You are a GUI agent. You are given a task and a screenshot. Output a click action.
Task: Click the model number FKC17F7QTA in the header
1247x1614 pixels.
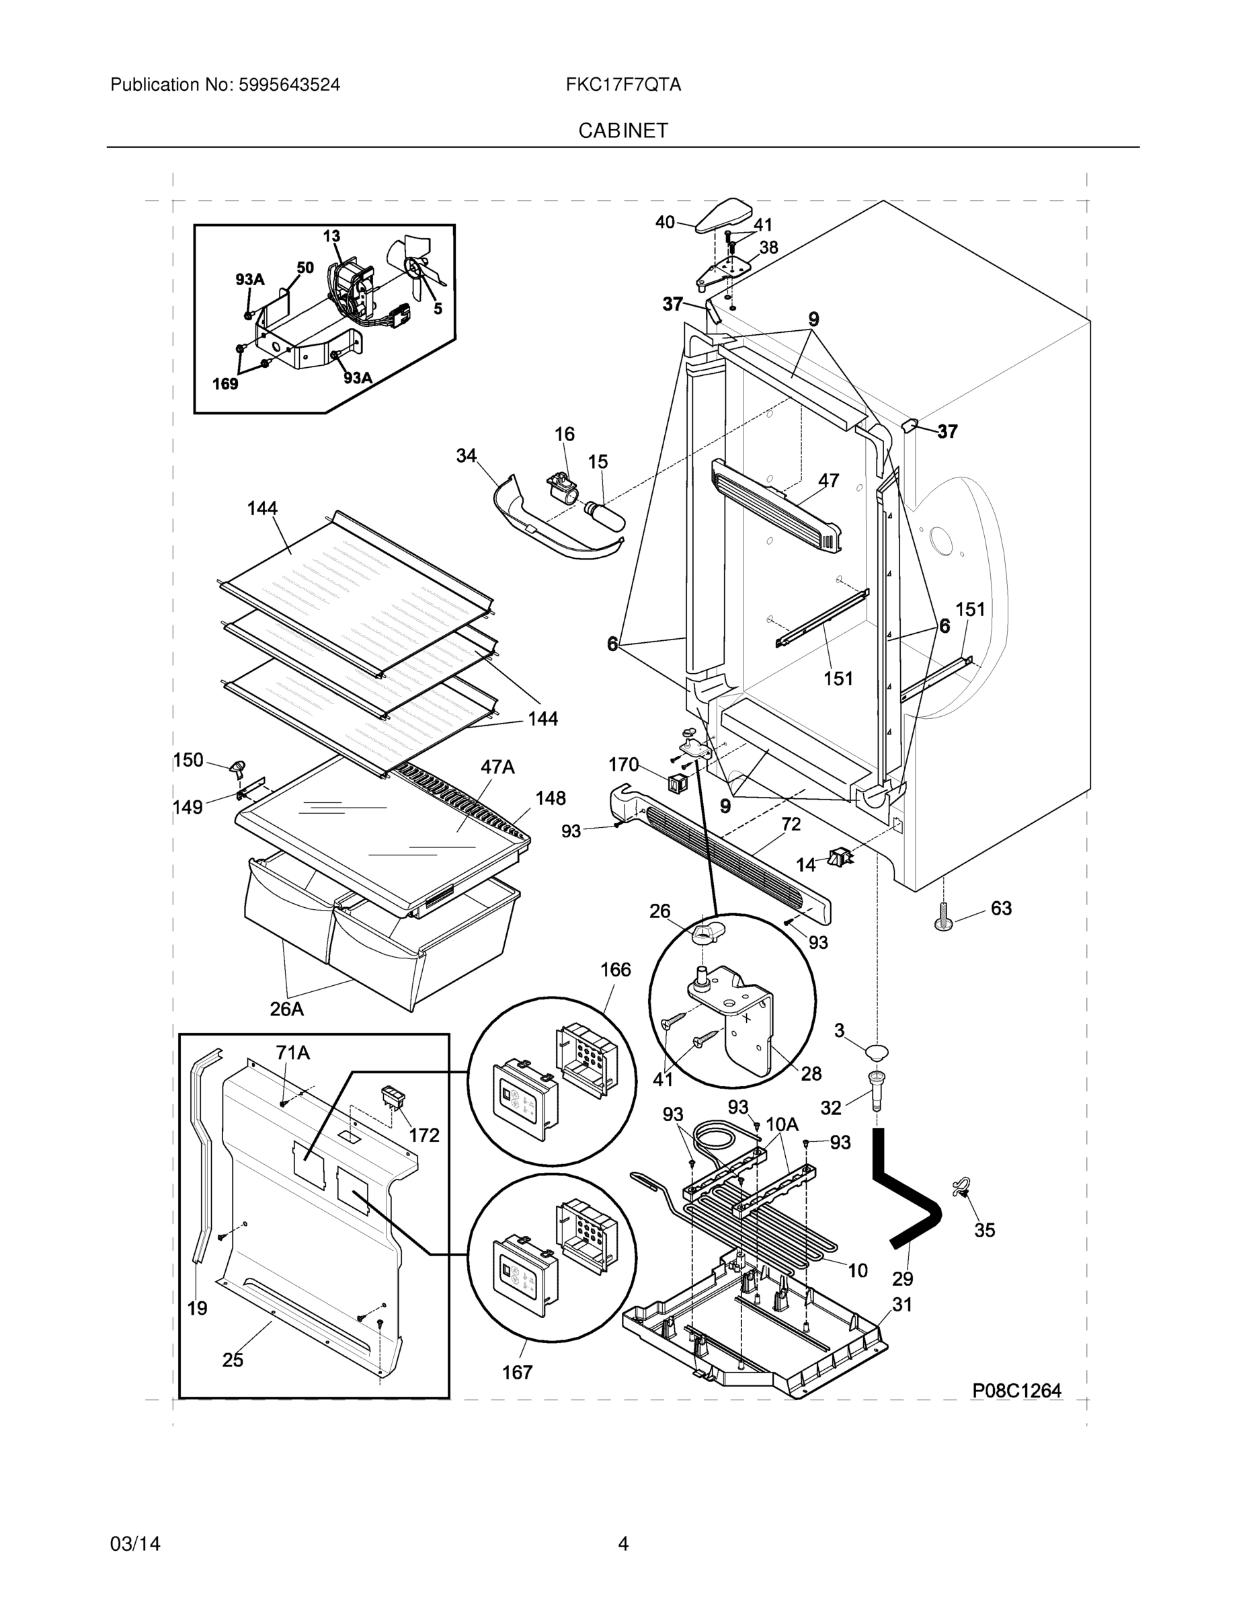622,85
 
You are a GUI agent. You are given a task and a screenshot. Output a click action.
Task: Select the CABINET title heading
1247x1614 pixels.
622,131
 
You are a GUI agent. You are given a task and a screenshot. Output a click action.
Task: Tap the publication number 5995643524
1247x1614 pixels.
289,85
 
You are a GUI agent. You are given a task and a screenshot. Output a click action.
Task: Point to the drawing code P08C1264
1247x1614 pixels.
1016,1391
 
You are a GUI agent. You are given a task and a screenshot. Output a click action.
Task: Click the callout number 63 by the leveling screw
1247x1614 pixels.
1001,909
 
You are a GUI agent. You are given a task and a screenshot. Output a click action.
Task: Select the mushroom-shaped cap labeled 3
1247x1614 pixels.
875,1052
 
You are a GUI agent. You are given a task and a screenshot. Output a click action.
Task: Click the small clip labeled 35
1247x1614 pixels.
963,1188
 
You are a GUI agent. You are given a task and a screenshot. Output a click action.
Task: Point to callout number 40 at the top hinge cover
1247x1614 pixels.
665,222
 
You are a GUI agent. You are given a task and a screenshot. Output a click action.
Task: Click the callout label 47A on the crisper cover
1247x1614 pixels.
497,767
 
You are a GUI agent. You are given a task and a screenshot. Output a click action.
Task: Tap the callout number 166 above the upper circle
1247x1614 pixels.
615,969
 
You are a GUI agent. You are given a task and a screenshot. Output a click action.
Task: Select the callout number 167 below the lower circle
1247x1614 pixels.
517,1373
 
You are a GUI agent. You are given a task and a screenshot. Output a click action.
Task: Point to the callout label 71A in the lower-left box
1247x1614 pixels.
292,1053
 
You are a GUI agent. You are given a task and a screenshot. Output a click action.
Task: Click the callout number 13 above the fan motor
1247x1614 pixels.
331,236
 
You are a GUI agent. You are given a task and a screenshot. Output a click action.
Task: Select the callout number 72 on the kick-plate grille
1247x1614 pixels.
791,824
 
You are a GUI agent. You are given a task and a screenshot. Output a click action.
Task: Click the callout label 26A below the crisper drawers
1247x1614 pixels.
286,1009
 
